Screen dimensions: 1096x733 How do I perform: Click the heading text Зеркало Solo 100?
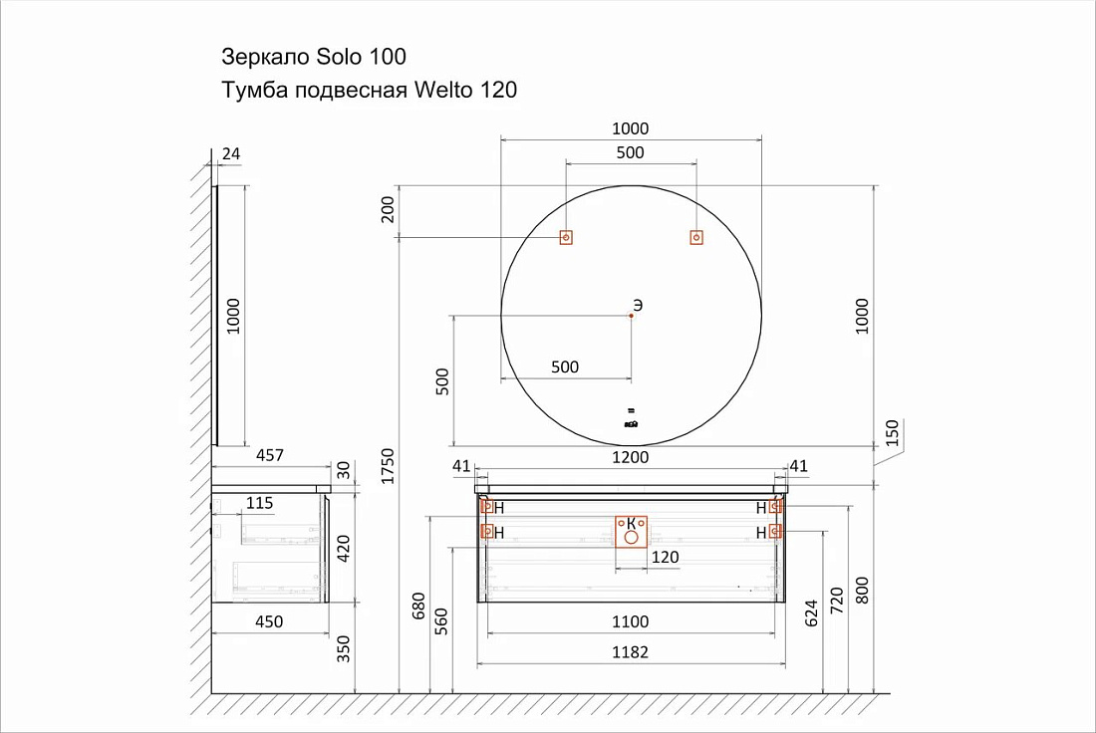pyautogui.click(x=314, y=57)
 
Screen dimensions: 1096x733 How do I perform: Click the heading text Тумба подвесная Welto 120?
pyautogui.click(x=369, y=91)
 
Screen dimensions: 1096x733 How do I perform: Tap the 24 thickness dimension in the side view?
pyautogui.click(x=231, y=153)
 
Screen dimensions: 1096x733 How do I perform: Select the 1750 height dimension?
pyautogui.click(x=388, y=466)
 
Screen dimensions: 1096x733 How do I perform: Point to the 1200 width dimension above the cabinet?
pyautogui.click(x=631, y=458)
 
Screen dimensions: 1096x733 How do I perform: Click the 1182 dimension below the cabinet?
pyautogui.click(x=631, y=652)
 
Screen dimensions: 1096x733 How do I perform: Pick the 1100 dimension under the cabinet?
pyautogui.click(x=631, y=621)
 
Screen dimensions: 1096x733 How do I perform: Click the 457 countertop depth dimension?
pyautogui.click(x=270, y=455)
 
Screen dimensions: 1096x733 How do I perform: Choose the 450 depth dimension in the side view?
pyautogui.click(x=270, y=621)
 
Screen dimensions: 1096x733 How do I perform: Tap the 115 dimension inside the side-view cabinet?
pyautogui.click(x=259, y=503)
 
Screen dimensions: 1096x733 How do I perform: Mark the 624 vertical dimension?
pyautogui.click(x=811, y=612)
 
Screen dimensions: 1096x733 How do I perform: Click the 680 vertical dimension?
pyautogui.click(x=418, y=606)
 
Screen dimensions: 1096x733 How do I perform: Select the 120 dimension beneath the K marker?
pyautogui.click(x=665, y=557)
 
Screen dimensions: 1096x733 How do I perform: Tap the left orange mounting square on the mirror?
pyautogui.click(x=566, y=238)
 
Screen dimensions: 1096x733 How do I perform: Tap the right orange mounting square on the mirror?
pyautogui.click(x=696, y=238)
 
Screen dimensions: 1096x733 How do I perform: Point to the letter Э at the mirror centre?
pyautogui.click(x=638, y=306)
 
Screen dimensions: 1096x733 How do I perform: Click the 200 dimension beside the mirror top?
pyautogui.click(x=388, y=209)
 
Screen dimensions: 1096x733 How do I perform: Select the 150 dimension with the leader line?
pyautogui.click(x=892, y=433)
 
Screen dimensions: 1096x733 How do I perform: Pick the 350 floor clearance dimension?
pyautogui.click(x=343, y=648)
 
